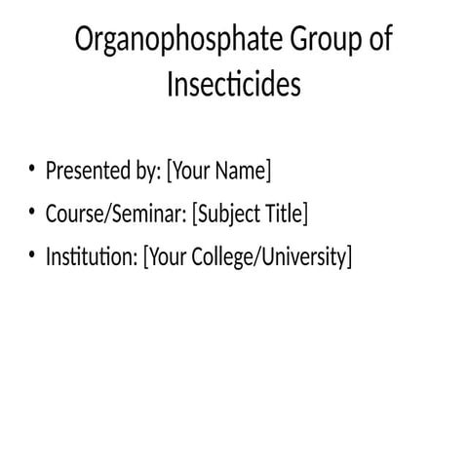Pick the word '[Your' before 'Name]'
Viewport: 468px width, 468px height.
(x=189, y=173)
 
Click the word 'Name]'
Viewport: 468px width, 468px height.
(x=244, y=172)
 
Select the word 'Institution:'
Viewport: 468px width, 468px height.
(x=91, y=257)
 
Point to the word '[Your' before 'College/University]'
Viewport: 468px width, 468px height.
(x=165, y=258)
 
